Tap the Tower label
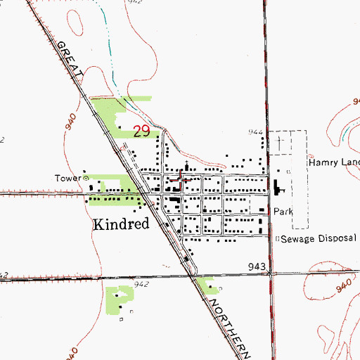click(69, 178)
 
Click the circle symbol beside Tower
click(86, 179)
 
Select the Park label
click(283, 211)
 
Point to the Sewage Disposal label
click(317, 238)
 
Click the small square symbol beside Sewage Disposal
click(276, 238)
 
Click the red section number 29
click(141, 131)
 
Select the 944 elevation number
click(255, 132)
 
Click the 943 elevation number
click(257, 267)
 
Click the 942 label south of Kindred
click(141, 284)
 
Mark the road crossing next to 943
click(269, 274)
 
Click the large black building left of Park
click(276, 188)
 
